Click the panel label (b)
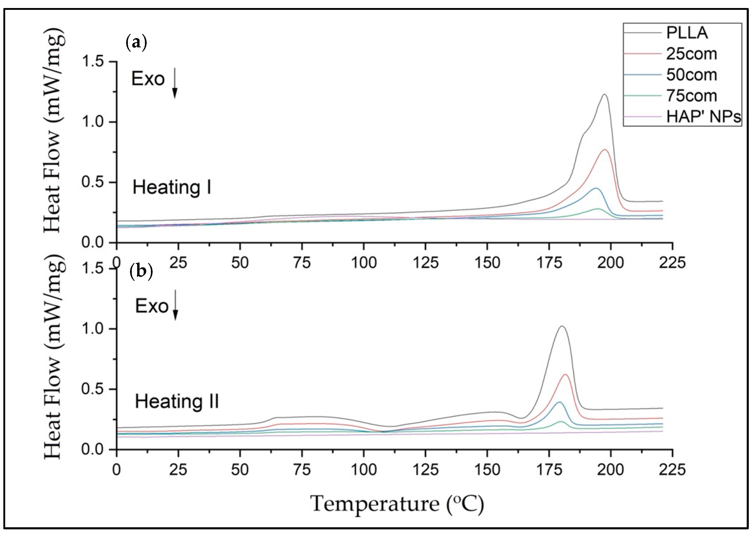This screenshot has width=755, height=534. [141, 272]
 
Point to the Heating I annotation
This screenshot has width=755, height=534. [171, 187]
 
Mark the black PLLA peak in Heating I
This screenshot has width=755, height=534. [604, 95]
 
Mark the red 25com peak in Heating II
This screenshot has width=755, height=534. [566, 375]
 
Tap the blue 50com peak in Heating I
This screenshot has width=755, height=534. [596, 188]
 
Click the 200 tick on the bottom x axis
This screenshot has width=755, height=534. [611, 470]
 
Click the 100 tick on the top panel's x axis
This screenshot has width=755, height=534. [364, 263]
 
